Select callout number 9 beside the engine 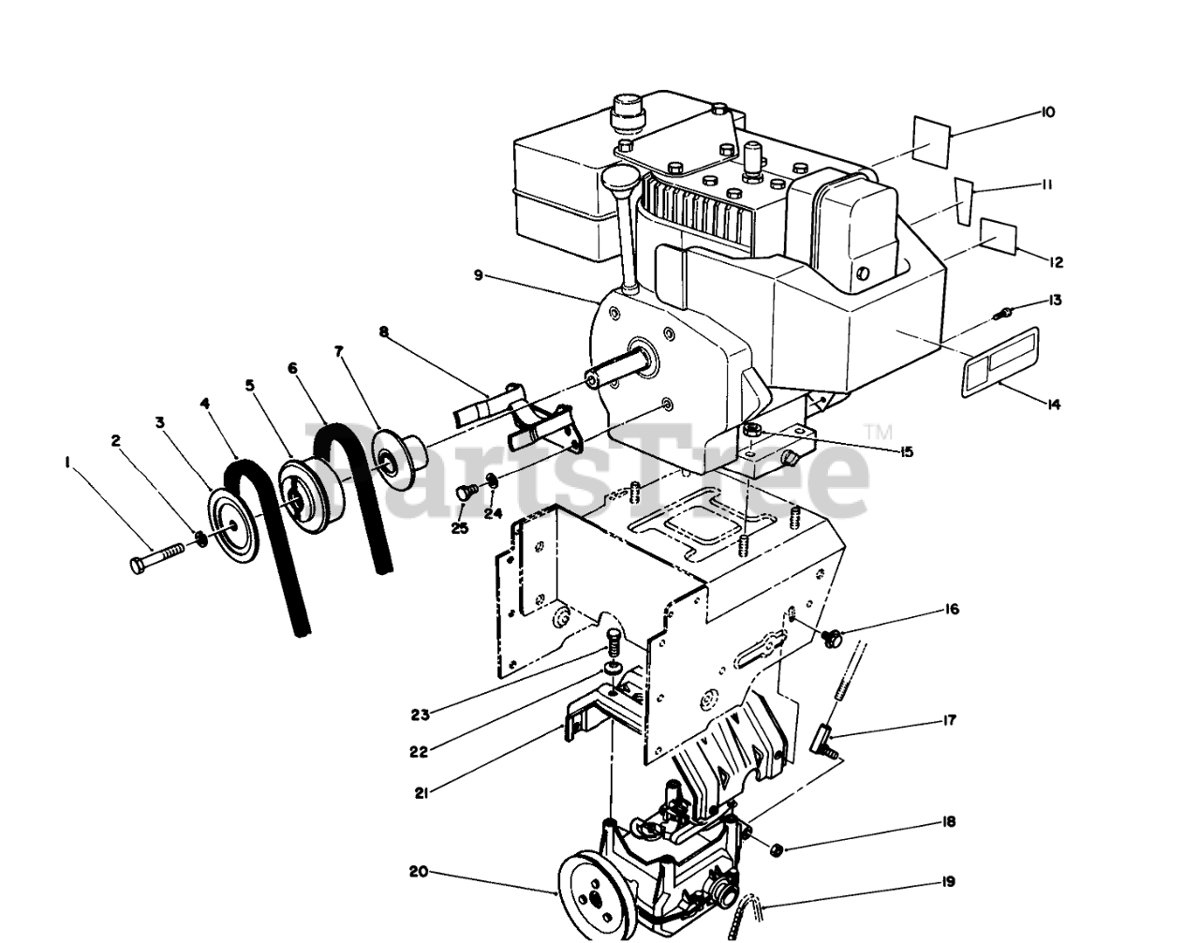[478, 274]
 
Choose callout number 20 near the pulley [418, 872]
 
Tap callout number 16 [952, 610]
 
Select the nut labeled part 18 [777, 849]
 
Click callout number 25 [459, 529]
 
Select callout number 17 [949, 722]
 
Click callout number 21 [421, 793]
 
